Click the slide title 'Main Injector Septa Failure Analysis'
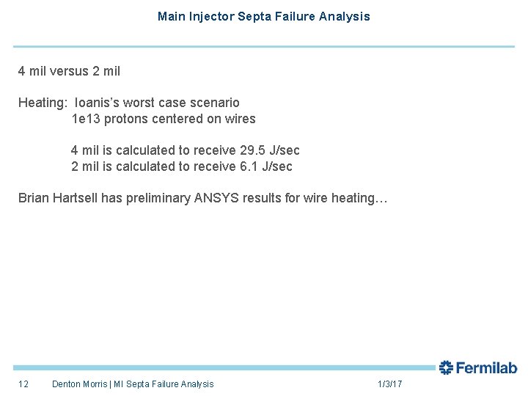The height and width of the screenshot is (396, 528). (263, 16)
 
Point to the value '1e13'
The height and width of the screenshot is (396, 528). (85, 119)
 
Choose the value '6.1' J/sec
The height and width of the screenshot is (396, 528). (249, 166)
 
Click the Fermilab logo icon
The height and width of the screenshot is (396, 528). (447, 367)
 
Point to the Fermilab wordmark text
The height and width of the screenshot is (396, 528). (487, 368)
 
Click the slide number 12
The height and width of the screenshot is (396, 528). (23, 384)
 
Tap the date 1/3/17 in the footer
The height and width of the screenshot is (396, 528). (389, 384)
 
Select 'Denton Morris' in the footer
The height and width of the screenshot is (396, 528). (79, 384)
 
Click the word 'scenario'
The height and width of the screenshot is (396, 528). (215, 103)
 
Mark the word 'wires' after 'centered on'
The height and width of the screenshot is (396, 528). (241, 119)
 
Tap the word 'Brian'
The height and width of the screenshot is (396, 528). (34, 198)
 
